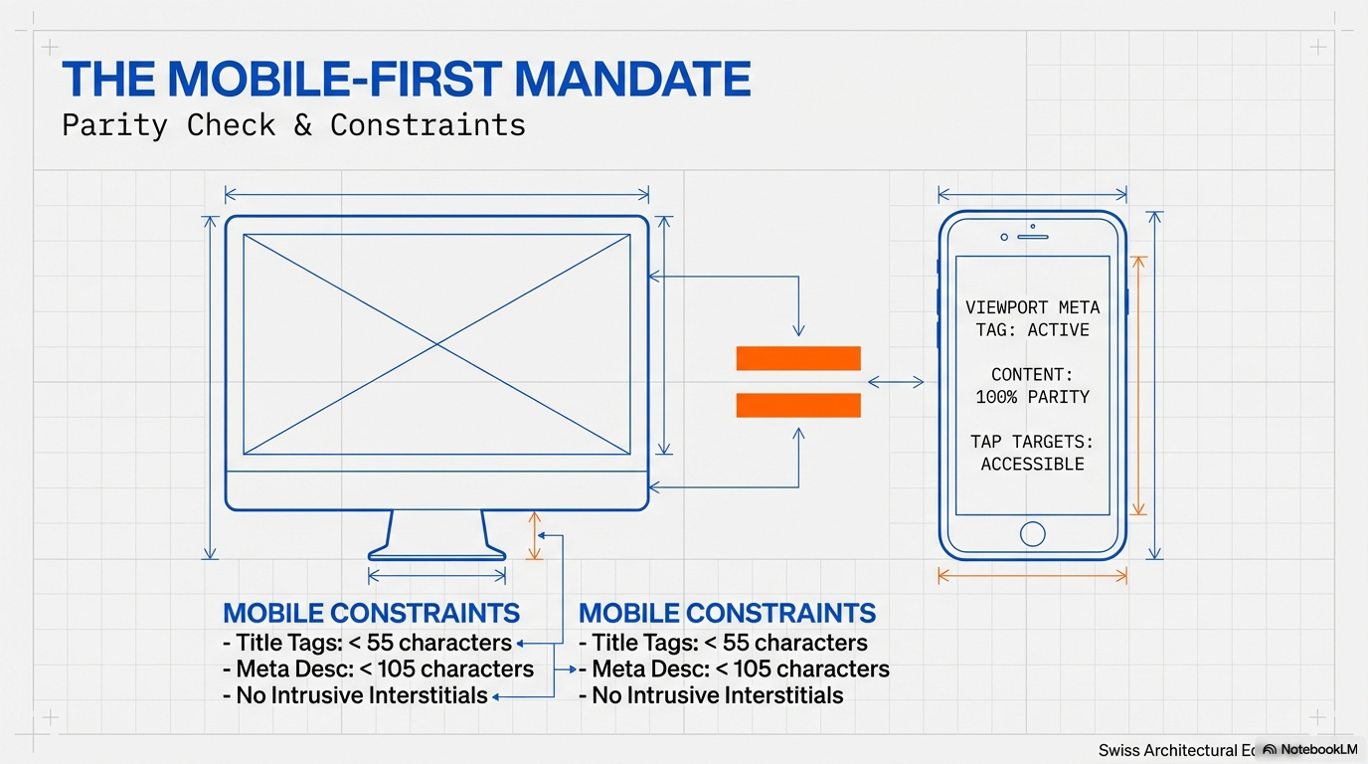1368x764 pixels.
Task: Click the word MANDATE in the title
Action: (x=632, y=80)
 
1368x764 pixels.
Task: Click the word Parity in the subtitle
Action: (x=114, y=126)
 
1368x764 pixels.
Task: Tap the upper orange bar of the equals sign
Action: (x=798, y=358)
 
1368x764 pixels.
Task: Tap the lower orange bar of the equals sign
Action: (x=798, y=405)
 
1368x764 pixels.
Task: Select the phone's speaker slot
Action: (x=1033, y=237)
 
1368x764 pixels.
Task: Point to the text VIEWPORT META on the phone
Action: (x=1032, y=307)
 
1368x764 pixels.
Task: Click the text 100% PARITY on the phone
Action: (x=1032, y=397)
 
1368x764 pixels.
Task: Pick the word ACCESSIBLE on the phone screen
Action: (x=1032, y=465)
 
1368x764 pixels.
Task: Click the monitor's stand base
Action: (x=436, y=555)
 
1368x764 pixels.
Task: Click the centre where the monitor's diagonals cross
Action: (x=436, y=345)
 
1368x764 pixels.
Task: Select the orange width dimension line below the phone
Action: (x=1032, y=576)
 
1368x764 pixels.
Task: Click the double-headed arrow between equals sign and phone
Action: (x=896, y=383)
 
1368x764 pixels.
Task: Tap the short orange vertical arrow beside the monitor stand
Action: (x=535, y=535)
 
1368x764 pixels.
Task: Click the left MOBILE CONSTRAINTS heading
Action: (x=371, y=613)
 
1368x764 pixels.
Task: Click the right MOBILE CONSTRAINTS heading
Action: (x=727, y=613)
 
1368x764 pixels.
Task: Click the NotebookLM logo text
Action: (x=1319, y=749)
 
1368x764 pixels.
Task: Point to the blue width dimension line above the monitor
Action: (x=436, y=196)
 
